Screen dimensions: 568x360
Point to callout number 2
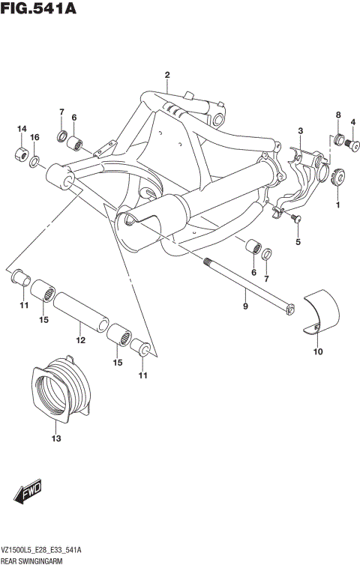[x=167, y=74]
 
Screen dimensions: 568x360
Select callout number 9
[x=244, y=305]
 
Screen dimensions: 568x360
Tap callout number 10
[x=317, y=351]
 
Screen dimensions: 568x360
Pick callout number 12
[x=80, y=340]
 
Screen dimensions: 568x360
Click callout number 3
[x=299, y=131]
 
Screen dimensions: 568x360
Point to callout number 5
[x=297, y=242]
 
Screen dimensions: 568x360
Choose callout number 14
[x=21, y=129]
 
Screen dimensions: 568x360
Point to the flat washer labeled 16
[x=35, y=161]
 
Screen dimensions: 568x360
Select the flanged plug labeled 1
[x=337, y=177]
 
